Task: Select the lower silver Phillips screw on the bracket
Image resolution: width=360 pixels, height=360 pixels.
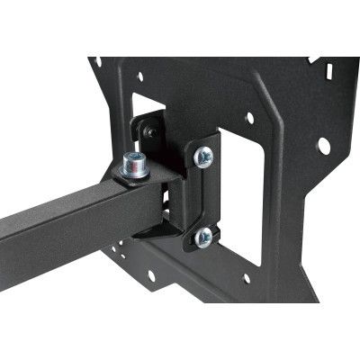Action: point(203,238)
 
